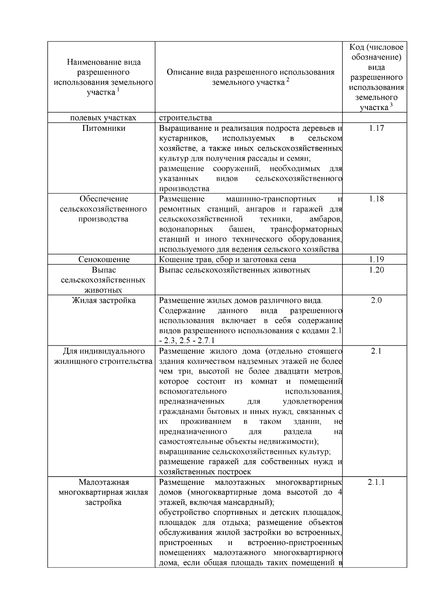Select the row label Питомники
(x=103, y=128)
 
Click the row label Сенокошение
(x=104, y=259)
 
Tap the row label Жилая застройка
(x=103, y=300)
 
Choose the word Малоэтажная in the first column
(x=103, y=482)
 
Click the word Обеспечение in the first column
(x=104, y=199)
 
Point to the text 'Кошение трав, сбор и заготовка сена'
(x=227, y=259)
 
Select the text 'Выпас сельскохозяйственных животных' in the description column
(x=234, y=270)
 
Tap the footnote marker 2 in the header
(x=288, y=80)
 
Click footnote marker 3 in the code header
(x=391, y=105)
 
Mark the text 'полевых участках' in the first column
(x=103, y=118)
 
